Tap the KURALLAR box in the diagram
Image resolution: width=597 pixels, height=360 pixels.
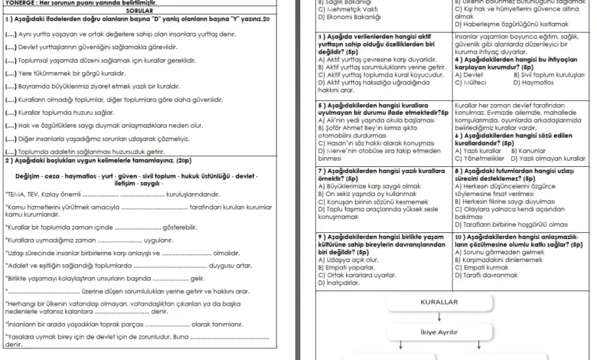[x=439, y=302]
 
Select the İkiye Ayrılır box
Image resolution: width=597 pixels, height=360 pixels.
[x=439, y=332]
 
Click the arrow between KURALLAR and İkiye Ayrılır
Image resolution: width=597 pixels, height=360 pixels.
[x=439, y=316]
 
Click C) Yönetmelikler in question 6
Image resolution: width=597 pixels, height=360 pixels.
[x=479, y=158]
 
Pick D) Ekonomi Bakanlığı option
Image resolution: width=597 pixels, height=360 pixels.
[x=351, y=15]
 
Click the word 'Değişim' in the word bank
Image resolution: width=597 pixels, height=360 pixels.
[x=30, y=176]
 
